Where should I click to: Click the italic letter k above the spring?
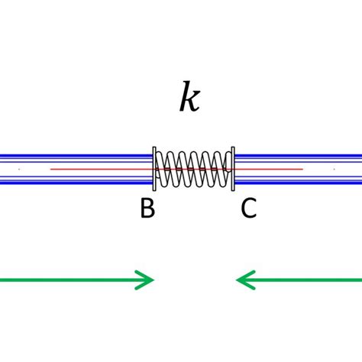pyautogui.click(x=189, y=98)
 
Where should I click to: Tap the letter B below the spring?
pyautogui.click(x=147, y=208)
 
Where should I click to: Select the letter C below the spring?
pyautogui.click(x=249, y=208)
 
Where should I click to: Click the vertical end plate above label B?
pyautogui.click(x=154, y=169)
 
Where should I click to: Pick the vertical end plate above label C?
pyautogui.click(x=233, y=169)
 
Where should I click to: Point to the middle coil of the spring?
pyautogui.click(x=193, y=169)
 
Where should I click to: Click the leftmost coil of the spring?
pyautogui.click(x=161, y=169)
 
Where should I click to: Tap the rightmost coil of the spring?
pyautogui.click(x=226, y=169)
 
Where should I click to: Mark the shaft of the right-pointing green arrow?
pyautogui.click(x=69, y=280)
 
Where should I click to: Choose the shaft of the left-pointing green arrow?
pyautogui.click(x=305, y=280)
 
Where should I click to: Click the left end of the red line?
pyautogui.click(x=51, y=169)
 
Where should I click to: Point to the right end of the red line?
pyautogui.click(x=302, y=169)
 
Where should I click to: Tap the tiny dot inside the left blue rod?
pyautogui.click(x=19, y=169)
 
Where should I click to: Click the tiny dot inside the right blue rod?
pyautogui.click(x=334, y=169)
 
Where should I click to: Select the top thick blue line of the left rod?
pyautogui.click(x=76, y=157)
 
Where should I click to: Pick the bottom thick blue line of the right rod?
pyautogui.click(x=298, y=182)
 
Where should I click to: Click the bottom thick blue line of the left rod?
pyautogui.click(x=76, y=182)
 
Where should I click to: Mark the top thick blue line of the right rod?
pyautogui.click(x=298, y=157)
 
